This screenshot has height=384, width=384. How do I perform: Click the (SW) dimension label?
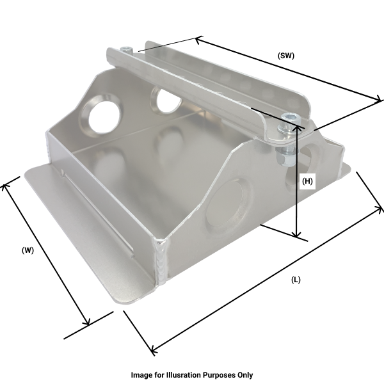285,56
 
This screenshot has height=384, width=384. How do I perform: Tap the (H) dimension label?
307,181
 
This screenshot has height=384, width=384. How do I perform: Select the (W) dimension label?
28,250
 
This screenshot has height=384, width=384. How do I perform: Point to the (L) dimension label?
296,280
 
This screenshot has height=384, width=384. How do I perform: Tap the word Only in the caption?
244,375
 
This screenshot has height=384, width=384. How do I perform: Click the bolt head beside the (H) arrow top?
291,118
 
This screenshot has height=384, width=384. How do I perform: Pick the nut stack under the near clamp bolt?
286,152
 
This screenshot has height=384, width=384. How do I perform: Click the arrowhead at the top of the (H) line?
297,127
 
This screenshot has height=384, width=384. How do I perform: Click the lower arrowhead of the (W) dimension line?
86,323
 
